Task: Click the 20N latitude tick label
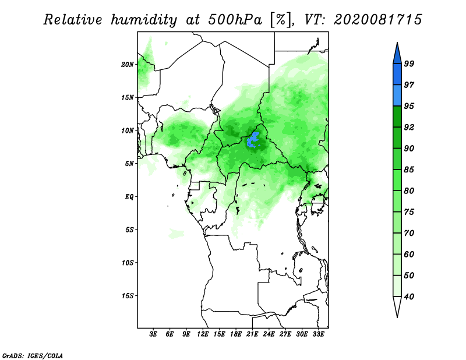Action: [128, 65]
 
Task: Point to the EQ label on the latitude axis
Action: [129, 197]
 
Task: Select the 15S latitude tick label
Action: [128, 296]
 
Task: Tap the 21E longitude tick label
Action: [252, 334]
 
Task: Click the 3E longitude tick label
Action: [153, 334]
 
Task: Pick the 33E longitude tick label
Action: [318, 334]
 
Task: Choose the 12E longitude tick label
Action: [203, 334]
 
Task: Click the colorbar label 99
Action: [409, 63]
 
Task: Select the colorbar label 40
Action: [409, 297]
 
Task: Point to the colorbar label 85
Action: [409, 170]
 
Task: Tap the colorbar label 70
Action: [409, 233]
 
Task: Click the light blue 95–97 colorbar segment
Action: [397, 96]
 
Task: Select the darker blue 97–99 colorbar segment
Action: [397, 75]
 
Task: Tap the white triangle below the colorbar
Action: [397, 306]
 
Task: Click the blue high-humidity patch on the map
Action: [253, 140]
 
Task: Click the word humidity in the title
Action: [144, 20]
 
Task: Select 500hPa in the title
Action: [235, 20]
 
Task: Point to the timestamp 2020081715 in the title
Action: [377, 20]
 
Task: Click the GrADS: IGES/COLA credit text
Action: [33, 355]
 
